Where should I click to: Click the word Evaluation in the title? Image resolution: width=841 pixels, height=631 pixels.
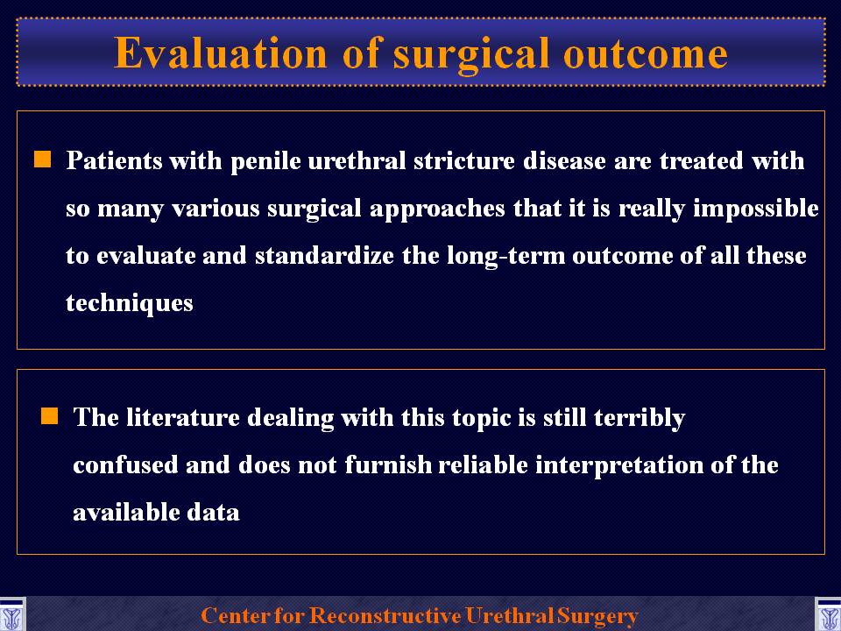point(221,53)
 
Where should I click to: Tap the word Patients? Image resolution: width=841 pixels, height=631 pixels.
point(114,160)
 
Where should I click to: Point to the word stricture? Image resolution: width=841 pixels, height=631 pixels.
point(464,160)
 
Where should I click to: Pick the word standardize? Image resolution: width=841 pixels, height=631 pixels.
point(324,255)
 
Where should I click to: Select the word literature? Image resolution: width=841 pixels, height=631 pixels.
point(183,417)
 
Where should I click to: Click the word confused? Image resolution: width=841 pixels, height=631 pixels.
point(125,464)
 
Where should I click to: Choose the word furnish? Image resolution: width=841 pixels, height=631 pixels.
point(388,464)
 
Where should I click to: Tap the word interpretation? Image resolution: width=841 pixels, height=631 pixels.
point(619,465)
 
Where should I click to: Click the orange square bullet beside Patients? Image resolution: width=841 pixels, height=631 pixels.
point(42,160)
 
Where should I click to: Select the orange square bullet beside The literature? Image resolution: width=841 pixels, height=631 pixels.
point(49,415)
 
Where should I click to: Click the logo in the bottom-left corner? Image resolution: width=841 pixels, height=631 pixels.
point(11,615)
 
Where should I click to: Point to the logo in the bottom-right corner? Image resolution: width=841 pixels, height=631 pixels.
point(829,615)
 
